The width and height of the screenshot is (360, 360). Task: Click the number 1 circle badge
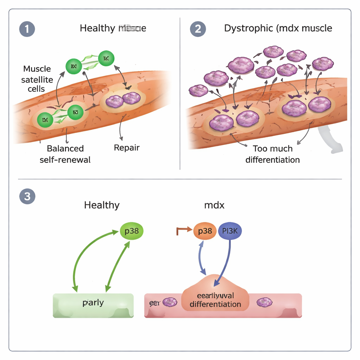tap(27, 28)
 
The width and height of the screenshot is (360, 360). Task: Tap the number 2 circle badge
tap(198, 28)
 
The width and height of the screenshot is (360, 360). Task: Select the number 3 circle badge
tap(27, 196)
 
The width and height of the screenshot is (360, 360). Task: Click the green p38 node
tap(131, 231)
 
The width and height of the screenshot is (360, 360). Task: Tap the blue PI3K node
tap(230, 231)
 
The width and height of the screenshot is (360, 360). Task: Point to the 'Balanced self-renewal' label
tap(65, 154)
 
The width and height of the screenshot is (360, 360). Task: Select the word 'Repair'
tap(127, 148)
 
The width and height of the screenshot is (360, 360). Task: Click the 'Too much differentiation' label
tap(272, 154)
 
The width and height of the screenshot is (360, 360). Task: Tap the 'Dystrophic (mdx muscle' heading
tap(278, 28)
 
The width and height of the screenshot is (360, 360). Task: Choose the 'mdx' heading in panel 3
tap(214, 205)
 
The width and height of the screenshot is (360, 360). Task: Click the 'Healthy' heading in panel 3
tap(102, 205)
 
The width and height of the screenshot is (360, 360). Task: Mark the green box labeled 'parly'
tap(93, 305)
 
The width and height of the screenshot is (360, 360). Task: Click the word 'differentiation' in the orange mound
tap(215, 304)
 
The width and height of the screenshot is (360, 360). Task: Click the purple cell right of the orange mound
tap(264, 302)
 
